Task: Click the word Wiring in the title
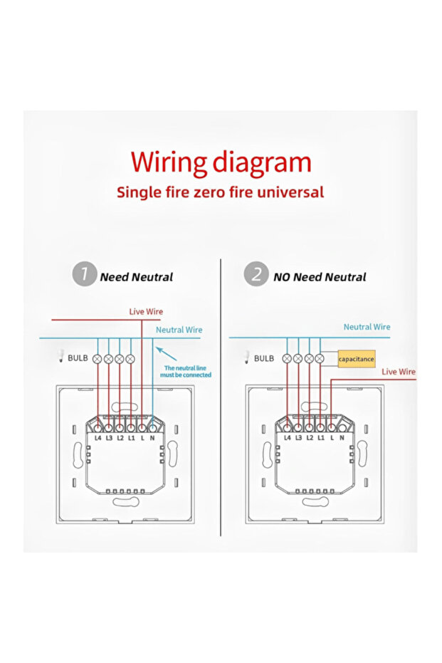point(167,163)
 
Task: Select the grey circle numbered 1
point(85,274)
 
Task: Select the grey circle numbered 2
point(256,274)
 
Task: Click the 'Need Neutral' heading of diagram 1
point(136,277)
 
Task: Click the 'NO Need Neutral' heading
point(320,277)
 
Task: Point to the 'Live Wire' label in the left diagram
point(146,312)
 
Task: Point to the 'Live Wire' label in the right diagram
point(399,372)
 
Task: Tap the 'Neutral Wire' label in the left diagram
point(179,330)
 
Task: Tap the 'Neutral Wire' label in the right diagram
point(367,327)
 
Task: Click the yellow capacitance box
point(356,359)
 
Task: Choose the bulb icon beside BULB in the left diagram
point(60,357)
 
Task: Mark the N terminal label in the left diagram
point(152,437)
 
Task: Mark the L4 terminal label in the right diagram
point(288,437)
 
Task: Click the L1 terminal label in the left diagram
point(131,437)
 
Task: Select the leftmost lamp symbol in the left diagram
point(98,359)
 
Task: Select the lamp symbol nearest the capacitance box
point(320,359)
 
